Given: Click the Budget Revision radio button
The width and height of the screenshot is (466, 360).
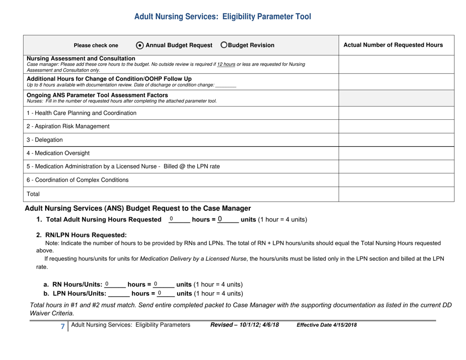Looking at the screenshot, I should tap(224, 45).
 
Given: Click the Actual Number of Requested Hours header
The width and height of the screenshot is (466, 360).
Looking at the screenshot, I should tap(393, 45).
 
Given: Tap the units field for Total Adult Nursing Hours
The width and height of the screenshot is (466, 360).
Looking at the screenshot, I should tap(227, 219).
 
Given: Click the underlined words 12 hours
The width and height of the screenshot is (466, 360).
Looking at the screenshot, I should tap(227, 64).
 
